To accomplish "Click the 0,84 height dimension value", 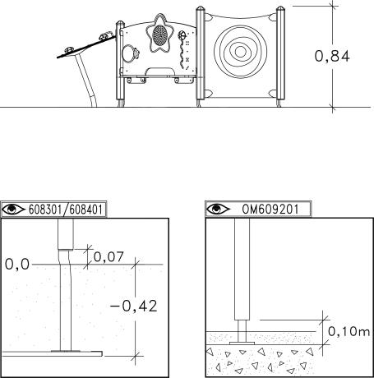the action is tap(332, 57).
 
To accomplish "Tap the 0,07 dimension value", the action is tap(109, 257).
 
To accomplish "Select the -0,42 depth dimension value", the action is tap(134, 306).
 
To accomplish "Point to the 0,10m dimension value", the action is tap(349, 331).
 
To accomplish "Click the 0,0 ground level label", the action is tap(17, 265).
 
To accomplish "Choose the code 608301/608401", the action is tap(66, 210).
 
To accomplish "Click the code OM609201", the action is tap(270, 210).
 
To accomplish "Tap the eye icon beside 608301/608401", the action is tap(13, 210).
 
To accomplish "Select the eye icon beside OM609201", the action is tap(218, 210).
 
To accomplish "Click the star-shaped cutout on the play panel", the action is tap(159, 33).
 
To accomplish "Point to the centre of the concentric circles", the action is tap(240, 52).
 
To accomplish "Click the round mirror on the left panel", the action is tap(128, 53).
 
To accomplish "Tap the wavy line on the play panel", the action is tap(182, 54).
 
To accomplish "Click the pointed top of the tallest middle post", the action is tap(200, 8).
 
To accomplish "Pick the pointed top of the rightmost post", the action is tap(280, 8).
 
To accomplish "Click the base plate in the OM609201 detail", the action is tap(242, 343).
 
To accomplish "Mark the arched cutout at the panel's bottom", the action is tap(162, 71).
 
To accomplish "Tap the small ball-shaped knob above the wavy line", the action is tap(182, 35).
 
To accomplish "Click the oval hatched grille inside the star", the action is tap(159, 35).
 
